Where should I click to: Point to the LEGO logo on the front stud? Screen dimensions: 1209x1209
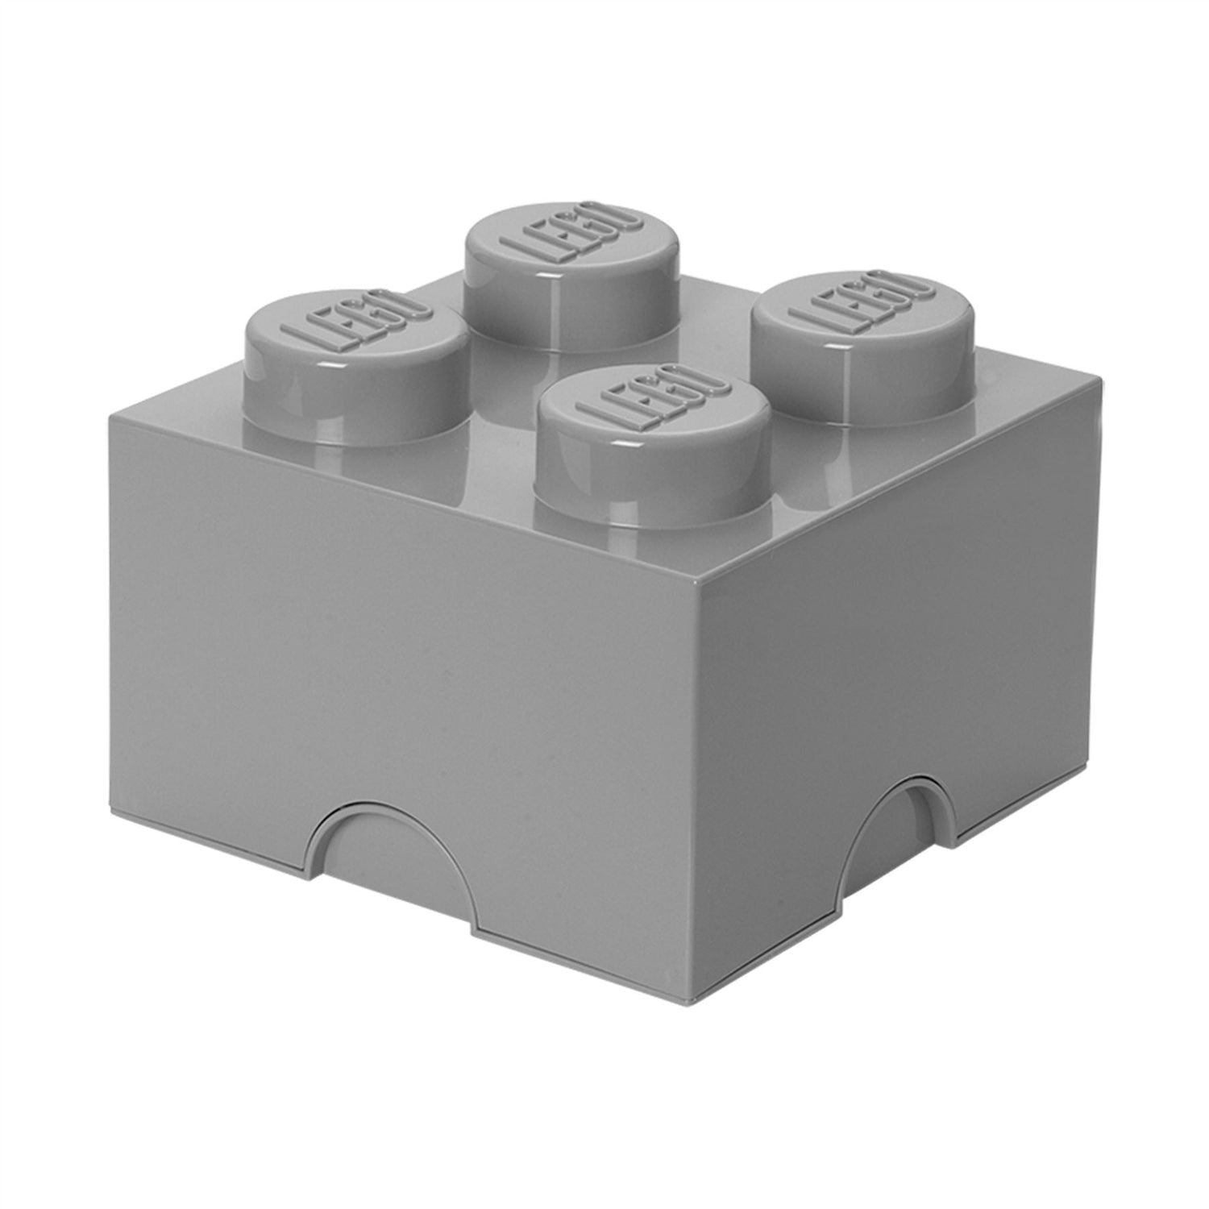[x=654, y=400]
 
